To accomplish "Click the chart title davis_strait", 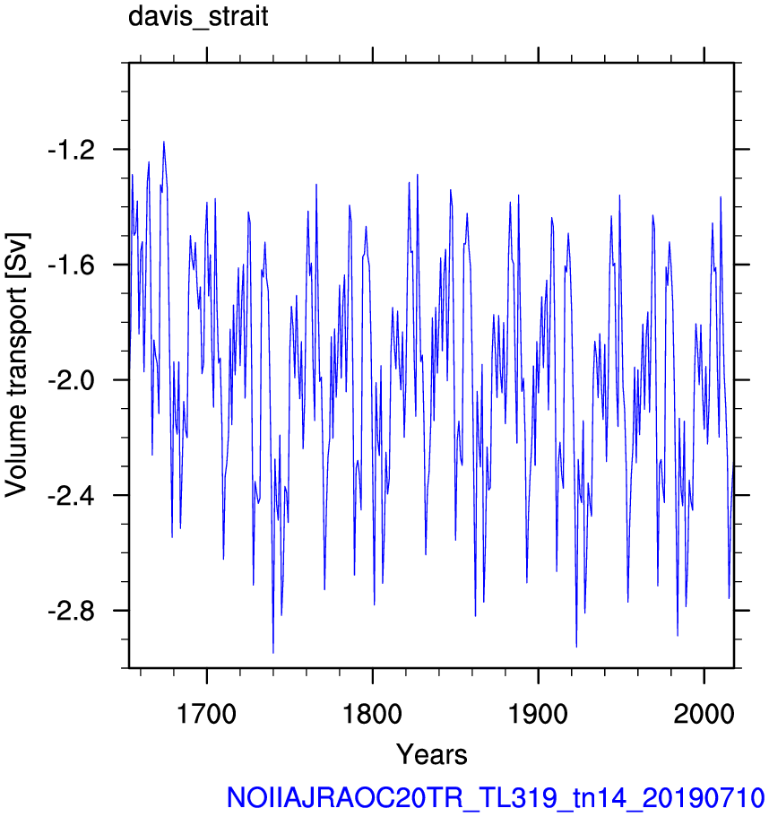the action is [198, 17].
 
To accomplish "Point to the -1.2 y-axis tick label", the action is [72, 151].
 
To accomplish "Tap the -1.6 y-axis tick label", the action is [72, 265].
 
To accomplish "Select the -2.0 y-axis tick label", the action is [72, 381].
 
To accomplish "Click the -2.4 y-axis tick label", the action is [72, 496].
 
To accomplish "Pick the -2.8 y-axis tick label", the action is [72, 612].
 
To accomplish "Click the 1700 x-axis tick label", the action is [207, 713].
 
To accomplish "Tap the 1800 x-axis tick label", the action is [372, 713].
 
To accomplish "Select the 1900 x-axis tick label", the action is [538, 713].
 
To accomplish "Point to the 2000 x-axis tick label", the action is [704, 713].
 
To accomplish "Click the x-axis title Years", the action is [432, 754].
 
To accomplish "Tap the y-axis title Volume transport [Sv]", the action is [16, 365].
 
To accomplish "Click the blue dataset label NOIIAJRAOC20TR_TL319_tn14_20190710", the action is [496, 798].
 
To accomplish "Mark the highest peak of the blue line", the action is [164, 142].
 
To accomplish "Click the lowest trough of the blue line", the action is [273, 652].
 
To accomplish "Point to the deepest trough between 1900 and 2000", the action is [576, 647].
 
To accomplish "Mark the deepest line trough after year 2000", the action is [729, 598].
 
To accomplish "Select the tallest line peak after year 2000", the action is [721, 197].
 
